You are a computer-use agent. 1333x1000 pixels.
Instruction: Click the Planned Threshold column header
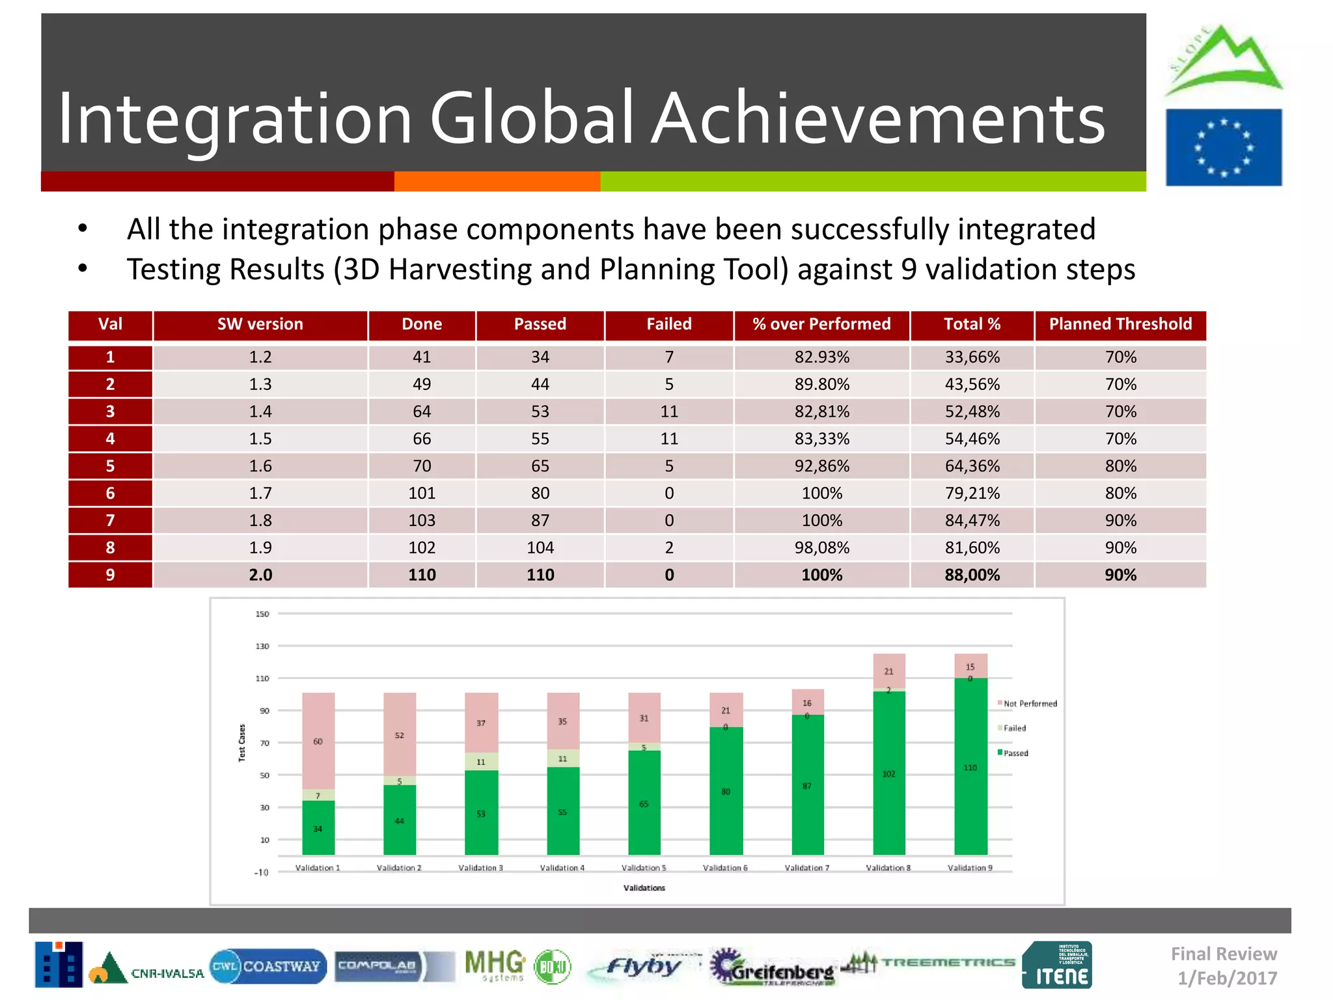point(1120,324)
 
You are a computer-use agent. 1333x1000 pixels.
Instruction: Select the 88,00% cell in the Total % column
point(972,575)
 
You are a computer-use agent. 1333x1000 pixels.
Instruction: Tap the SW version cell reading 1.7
point(260,493)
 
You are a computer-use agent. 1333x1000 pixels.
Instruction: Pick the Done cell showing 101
point(422,493)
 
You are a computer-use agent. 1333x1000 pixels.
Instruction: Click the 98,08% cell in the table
point(821,548)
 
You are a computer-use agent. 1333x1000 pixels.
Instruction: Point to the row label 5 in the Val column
point(110,466)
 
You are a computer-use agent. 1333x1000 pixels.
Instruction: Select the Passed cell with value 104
point(540,548)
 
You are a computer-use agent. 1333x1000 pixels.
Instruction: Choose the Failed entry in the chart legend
point(1013,729)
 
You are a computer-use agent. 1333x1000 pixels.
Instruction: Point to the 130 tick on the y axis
point(262,646)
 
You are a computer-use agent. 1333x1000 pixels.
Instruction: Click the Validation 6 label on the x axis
point(725,868)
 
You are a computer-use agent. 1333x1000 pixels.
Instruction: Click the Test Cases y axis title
point(242,743)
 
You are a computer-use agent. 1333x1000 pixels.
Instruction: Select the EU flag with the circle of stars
point(1223,148)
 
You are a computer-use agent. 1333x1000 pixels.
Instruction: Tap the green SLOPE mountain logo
point(1222,60)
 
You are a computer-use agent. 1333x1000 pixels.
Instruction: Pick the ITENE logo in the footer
point(1056,965)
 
